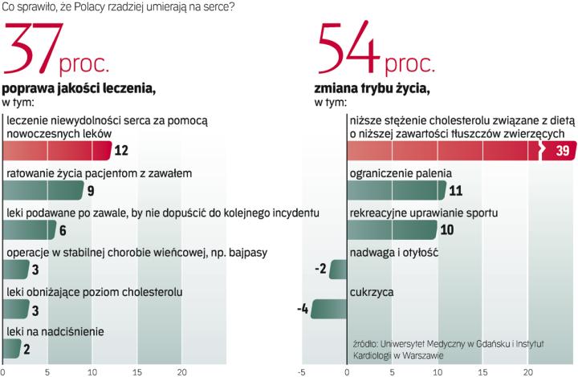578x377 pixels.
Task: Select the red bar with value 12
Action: click(56, 150)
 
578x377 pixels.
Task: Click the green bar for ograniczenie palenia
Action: click(397, 190)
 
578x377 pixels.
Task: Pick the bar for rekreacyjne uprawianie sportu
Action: click(392, 229)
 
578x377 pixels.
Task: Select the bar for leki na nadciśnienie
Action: click(12, 348)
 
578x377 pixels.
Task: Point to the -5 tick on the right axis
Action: click(302, 371)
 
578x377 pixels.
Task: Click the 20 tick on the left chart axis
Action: click(182, 371)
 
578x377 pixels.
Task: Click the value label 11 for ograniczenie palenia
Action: click(455, 190)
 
